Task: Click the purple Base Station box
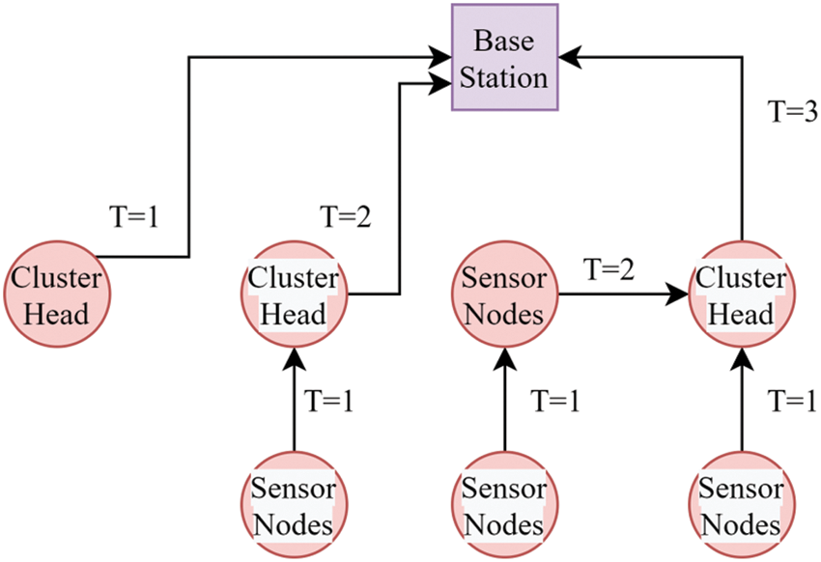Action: pyautogui.click(x=503, y=57)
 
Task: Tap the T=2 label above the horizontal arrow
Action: pyautogui.click(x=609, y=269)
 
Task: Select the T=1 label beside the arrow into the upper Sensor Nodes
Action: pyautogui.click(x=554, y=400)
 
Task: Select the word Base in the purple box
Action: pyautogui.click(x=503, y=41)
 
